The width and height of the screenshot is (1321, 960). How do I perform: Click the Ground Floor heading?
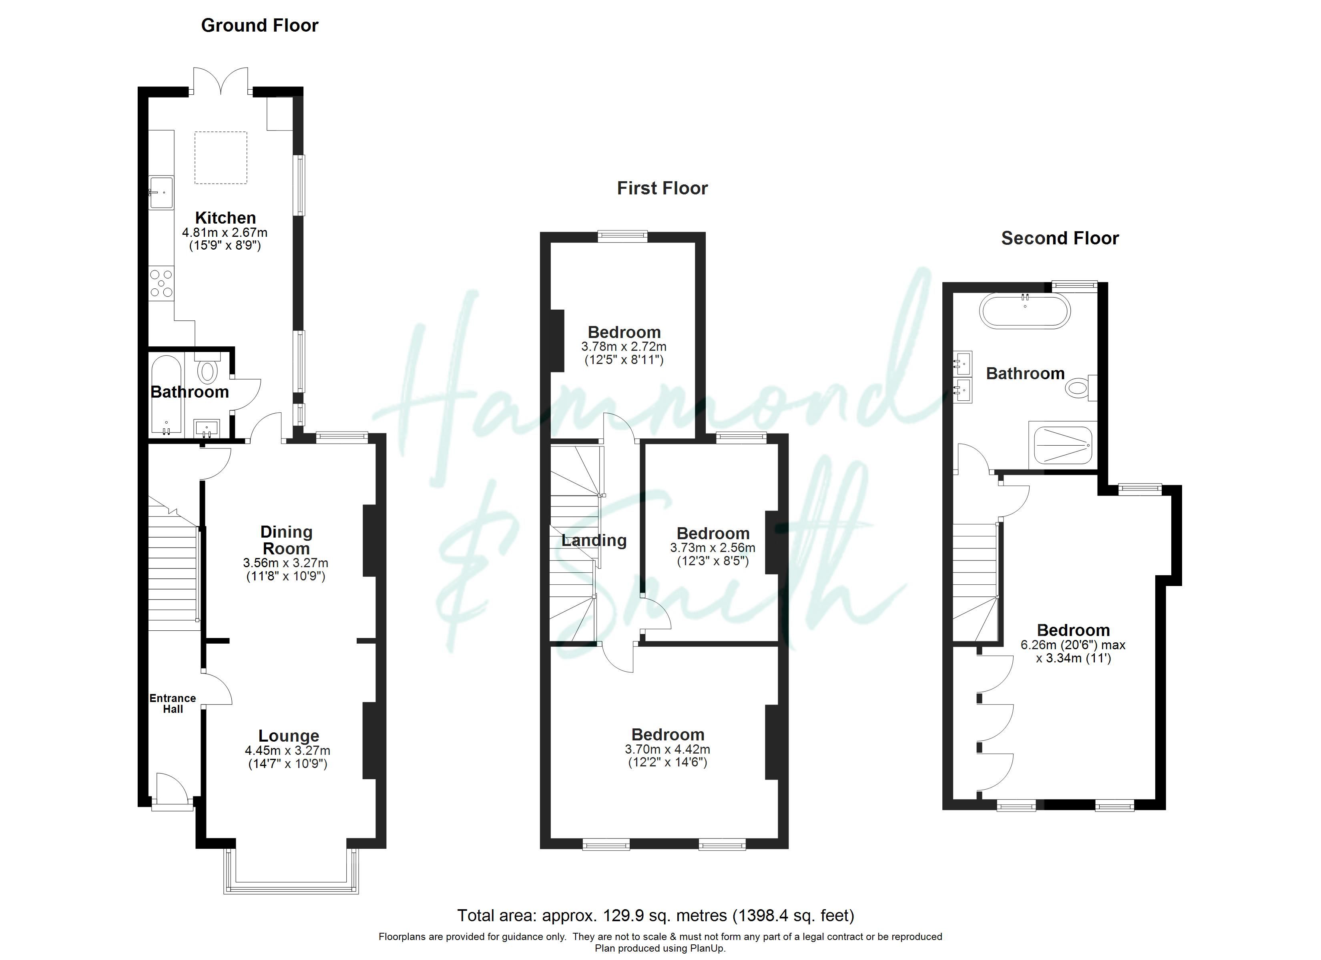pyautogui.click(x=260, y=26)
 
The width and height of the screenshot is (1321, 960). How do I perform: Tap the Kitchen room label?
pyautogui.click(x=225, y=218)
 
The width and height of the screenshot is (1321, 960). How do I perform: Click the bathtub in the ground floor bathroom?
pyautogui.click(x=167, y=395)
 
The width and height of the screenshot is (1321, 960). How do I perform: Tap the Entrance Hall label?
pyautogui.click(x=173, y=703)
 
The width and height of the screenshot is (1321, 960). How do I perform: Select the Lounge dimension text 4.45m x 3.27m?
pyautogui.click(x=288, y=750)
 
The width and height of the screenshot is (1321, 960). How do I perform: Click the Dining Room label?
pyautogui.click(x=286, y=540)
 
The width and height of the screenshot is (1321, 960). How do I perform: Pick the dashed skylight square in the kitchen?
pyautogui.click(x=221, y=158)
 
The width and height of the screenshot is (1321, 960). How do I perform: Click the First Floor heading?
pyautogui.click(x=662, y=188)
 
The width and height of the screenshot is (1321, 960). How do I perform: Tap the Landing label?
pyautogui.click(x=594, y=541)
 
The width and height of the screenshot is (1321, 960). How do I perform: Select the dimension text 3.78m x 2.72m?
pyautogui.click(x=624, y=346)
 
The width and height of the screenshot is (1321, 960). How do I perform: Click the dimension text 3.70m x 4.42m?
pyautogui.click(x=667, y=749)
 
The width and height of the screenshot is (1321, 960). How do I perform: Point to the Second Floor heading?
pyautogui.click(x=1060, y=238)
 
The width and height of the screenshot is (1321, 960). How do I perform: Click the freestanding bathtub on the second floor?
pyautogui.click(x=1025, y=312)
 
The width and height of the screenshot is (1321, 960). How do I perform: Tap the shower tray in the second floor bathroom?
pyautogui.click(x=1063, y=445)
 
